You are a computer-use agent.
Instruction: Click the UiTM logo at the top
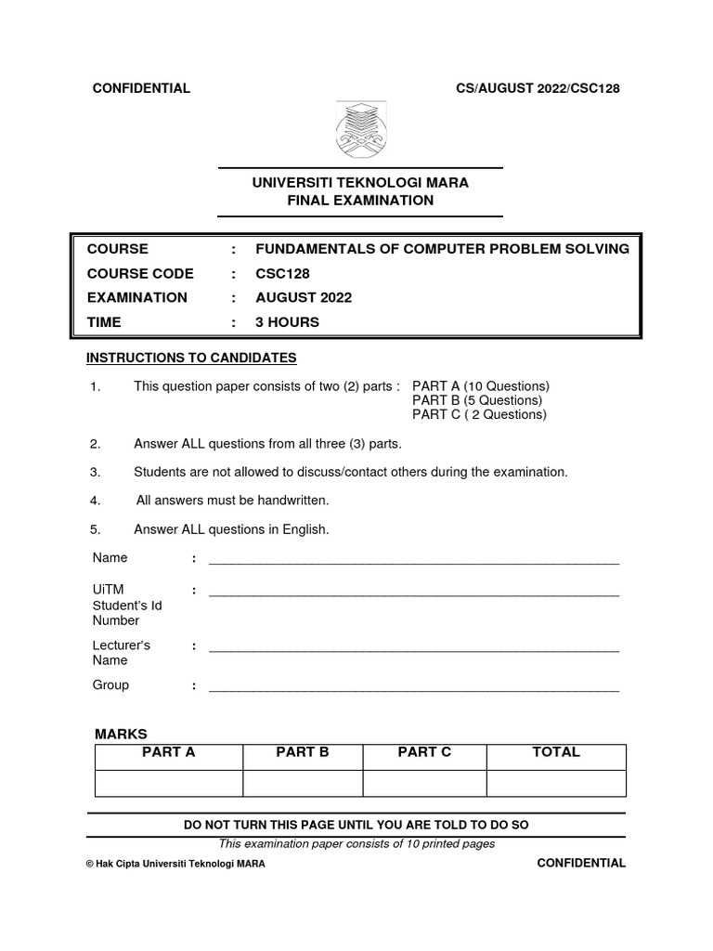tap(360, 130)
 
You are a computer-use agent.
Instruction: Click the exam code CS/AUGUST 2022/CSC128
tap(536, 88)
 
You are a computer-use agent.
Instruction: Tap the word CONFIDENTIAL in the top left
tap(140, 88)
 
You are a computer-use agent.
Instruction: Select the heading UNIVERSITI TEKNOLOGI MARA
tap(360, 183)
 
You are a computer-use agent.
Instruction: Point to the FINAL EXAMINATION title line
tap(360, 200)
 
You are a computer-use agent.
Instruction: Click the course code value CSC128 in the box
tap(282, 273)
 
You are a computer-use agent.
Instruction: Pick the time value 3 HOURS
tap(287, 322)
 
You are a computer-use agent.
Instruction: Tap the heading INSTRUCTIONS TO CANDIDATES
tap(191, 358)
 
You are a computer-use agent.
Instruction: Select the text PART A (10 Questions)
tap(481, 385)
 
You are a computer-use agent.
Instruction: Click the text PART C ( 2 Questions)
tap(479, 414)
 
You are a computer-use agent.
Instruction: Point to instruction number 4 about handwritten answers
tap(232, 501)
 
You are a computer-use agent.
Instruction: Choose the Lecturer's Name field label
tap(122, 652)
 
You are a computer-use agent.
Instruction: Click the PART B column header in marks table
tap(303, 752)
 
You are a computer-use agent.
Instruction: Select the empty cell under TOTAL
tap(555, 783)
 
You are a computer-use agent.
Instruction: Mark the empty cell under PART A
tap(168, 783)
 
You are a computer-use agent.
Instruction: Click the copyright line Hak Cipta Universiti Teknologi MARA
tap(175, 863)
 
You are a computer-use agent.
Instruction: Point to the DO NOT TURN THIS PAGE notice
tap(356, 825)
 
